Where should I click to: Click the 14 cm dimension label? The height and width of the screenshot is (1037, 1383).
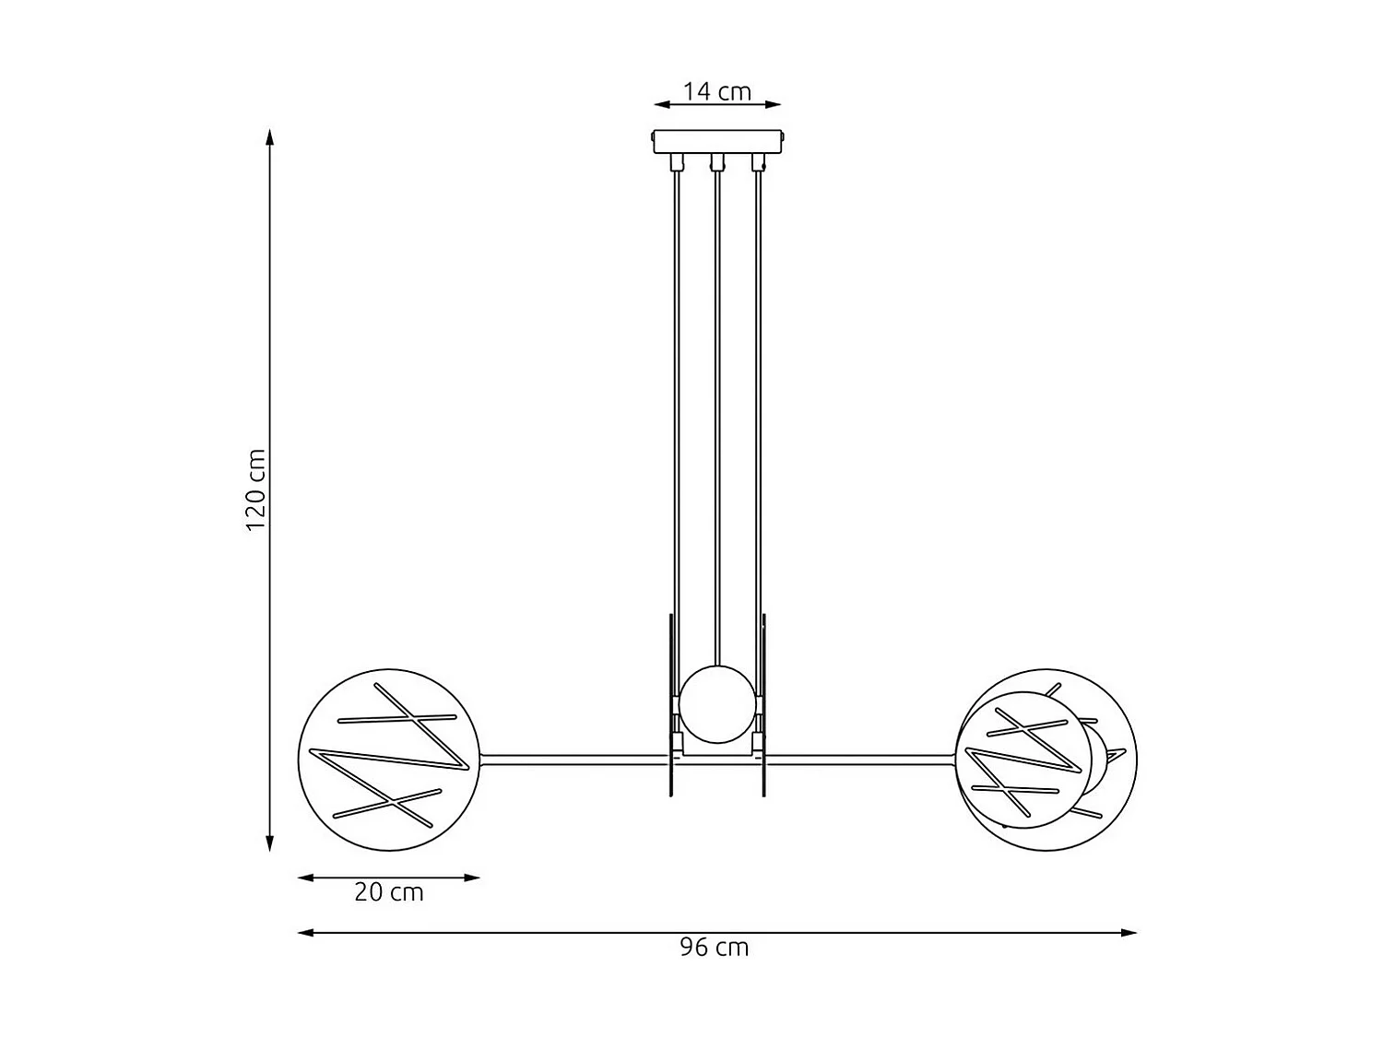716,91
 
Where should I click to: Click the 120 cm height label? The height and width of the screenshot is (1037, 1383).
256,489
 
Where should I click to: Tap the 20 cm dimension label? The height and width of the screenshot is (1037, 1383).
388,892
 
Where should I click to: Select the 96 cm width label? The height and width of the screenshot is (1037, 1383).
715,948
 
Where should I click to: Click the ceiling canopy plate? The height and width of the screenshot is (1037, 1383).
718,141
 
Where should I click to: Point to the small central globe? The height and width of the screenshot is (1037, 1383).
718,705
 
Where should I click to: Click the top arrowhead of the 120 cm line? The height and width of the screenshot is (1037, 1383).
269,137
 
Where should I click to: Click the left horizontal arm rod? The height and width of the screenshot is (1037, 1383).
572,760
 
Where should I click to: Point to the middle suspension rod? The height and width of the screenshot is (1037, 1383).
717,415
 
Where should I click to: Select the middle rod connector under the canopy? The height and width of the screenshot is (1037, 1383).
716,163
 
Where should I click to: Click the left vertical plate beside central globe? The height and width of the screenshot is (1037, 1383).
670,705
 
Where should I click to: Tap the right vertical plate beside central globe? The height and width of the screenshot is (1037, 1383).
764,705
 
